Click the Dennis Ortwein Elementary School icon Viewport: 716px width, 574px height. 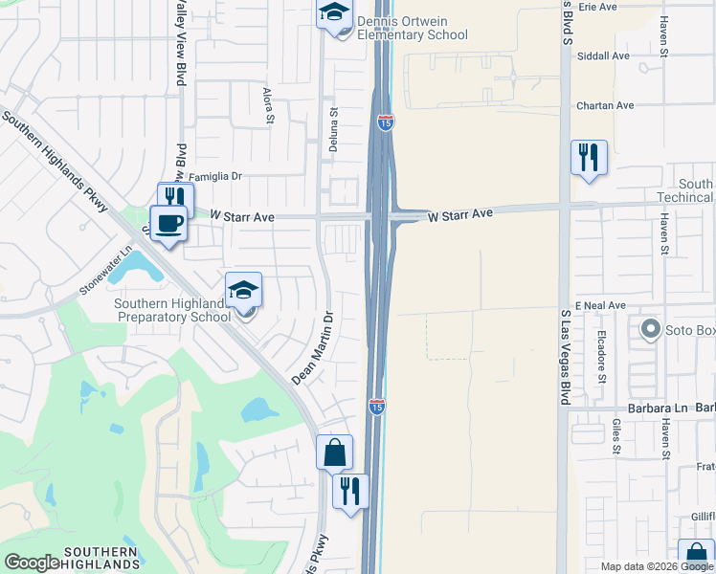(x=334, y=13)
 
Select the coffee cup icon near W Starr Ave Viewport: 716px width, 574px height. (x=169, y=223)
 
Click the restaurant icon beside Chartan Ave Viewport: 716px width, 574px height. (x=589, y=157)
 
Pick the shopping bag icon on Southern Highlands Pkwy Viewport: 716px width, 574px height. (x=335, y=453)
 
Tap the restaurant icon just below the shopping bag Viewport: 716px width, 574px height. (x=351, y=492)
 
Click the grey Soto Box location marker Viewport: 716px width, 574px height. (x=651, y=331)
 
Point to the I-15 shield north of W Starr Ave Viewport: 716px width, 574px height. (x=384, y=122)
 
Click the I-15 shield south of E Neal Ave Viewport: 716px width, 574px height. (x=377, y=407)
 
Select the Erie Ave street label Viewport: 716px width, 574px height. (x=597, y=7)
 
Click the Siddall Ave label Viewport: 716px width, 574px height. (x=603, y=56)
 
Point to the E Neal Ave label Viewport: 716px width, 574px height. (x=599, y=305)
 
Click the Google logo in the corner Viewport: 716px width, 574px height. (x=32, y=563)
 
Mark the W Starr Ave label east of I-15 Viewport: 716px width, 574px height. (x=459, y=215)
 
